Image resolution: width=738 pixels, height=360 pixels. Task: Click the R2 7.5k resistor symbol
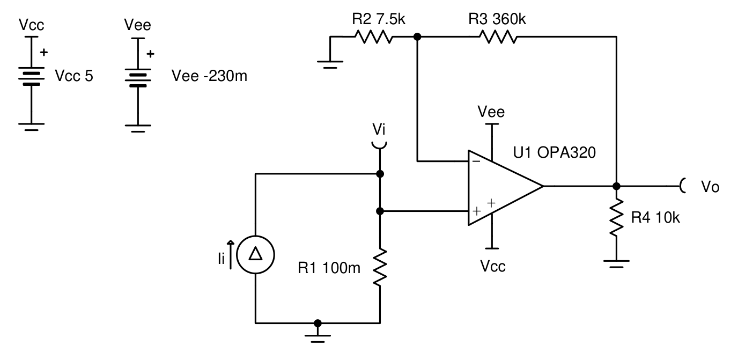374,37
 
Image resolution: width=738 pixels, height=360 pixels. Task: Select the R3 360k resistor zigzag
498,37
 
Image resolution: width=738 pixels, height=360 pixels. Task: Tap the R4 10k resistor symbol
616,217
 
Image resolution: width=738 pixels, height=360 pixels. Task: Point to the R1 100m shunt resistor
380,267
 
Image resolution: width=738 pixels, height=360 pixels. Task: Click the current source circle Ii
255,254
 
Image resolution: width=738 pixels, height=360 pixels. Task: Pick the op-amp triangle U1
505,188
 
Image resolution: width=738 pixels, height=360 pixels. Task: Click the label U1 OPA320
555,152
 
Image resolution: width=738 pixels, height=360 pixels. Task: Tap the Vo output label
710,187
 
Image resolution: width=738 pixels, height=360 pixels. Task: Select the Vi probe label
379,129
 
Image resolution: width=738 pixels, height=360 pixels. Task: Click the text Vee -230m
209,76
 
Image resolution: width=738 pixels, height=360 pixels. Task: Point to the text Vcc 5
74,76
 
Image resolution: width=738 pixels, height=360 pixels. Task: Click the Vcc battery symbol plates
31,79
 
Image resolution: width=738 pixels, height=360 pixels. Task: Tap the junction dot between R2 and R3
417,37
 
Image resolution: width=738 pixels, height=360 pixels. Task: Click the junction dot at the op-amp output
616,186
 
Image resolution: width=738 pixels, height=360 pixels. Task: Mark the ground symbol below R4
616,264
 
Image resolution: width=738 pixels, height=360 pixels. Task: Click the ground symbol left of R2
330,64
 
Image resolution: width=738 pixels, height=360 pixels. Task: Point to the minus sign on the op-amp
476,161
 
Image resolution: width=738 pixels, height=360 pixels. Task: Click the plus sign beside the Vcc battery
44,52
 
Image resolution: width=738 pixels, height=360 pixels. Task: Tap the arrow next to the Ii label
231,255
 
